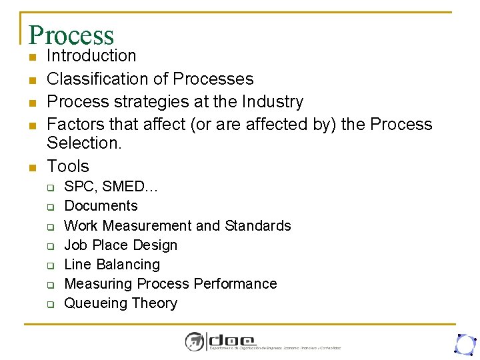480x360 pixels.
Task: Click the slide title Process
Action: (71, 35)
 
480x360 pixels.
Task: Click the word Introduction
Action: (91, 56)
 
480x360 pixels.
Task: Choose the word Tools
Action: (68, 166)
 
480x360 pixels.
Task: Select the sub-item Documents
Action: (101, 206)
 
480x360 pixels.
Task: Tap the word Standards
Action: (258, 225)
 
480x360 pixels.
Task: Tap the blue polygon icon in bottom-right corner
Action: (464, 343)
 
